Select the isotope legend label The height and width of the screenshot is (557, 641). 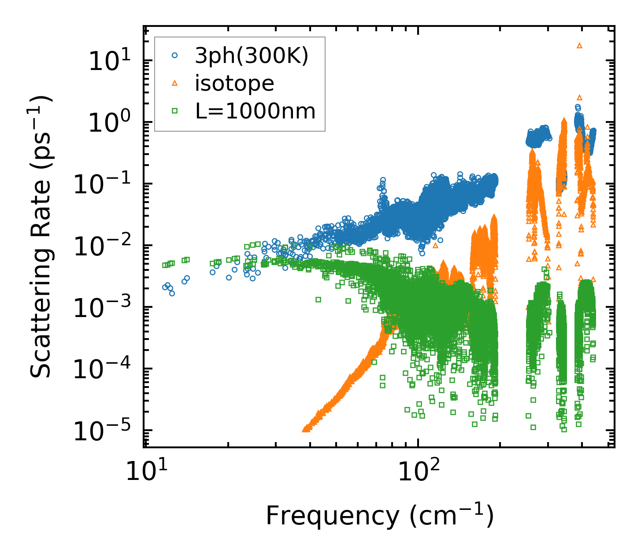point(234,83)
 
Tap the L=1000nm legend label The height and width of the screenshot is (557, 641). point(256,111)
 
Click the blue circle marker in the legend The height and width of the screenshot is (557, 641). point(175,55)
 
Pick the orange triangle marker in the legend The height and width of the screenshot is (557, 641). point(175,83)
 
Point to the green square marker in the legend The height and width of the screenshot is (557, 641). point(175,111)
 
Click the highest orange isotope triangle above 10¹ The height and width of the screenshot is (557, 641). point(579,45)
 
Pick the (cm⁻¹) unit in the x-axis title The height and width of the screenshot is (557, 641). point(451,515)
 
